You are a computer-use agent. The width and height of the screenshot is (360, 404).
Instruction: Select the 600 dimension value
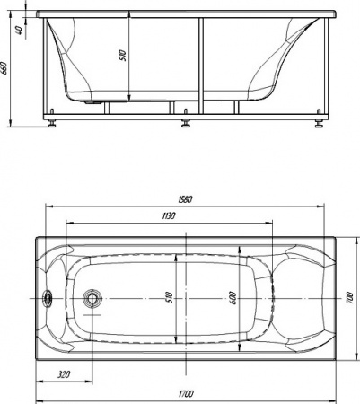click(232, 295)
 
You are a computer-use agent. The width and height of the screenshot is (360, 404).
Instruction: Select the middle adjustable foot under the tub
click(186, 120)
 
